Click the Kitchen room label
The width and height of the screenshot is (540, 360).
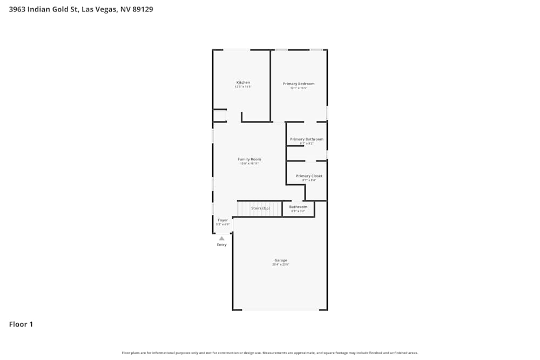pos(243,83)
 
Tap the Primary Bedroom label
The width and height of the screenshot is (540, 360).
pos(299,84)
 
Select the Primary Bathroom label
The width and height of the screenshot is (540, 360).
pos(307,139)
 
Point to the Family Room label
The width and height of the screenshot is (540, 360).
pos(249,159)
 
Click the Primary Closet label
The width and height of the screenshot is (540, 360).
pos(309,176)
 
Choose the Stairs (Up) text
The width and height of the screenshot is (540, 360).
pos(260,208)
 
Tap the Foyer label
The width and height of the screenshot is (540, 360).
pos(223,220)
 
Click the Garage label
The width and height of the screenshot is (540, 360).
pos(280,260)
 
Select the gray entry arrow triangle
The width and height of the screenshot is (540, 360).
pos(221,238)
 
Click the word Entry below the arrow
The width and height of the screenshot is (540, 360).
pos(222,245)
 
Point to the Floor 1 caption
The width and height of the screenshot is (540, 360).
pos(21,324)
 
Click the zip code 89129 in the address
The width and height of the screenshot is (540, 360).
pos(142,9)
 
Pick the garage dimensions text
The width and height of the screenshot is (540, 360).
pos(280,264)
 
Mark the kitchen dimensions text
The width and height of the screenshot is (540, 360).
pos(243,87)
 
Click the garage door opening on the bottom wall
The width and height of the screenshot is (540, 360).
pos(280,309)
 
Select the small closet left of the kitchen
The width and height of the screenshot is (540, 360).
pos(219,116)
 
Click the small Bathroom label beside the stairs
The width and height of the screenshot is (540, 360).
pos(298,207)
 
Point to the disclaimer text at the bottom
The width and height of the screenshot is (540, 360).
pos(270,353)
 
